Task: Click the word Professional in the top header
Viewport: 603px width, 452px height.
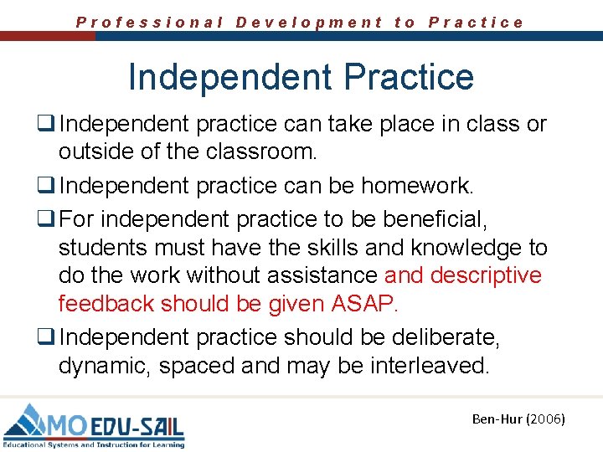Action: point(150,23)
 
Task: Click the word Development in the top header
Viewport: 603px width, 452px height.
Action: point(309,23)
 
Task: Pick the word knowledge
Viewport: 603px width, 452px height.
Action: point(447,248)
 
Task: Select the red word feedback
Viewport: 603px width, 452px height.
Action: point(106,304)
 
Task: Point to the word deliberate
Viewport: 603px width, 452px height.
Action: point(453,336)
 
